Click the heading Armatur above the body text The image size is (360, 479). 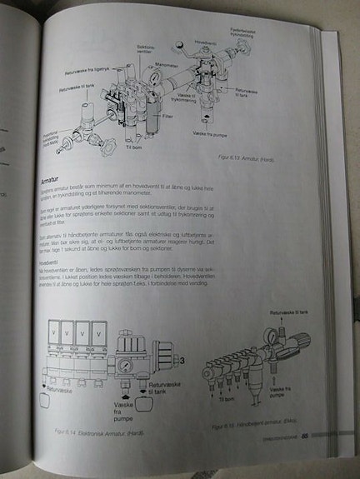(56, 180)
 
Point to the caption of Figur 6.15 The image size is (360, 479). (250, 427)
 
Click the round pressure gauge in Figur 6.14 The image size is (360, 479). (122, 364)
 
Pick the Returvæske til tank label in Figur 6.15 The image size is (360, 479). (288, 312)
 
